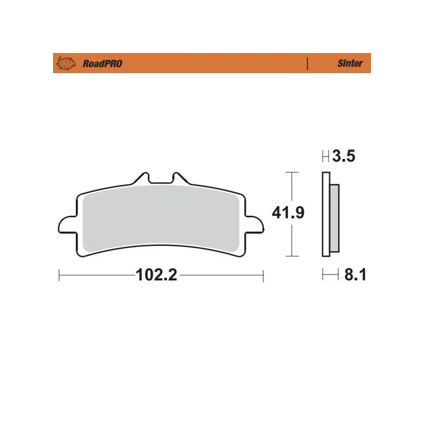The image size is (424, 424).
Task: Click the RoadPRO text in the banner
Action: click(102, 64)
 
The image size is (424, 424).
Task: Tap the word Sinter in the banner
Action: click(350, 63)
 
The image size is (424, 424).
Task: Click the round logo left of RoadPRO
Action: click(66, 63)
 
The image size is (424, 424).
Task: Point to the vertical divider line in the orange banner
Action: click(307, 64)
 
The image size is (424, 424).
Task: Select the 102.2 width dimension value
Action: click(156, 275)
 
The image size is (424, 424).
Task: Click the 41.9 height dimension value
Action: click(288, 213)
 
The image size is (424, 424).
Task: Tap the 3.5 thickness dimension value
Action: click(343, 156)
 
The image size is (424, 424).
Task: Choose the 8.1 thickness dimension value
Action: click(355, 275)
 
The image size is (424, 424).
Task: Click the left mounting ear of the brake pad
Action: click(67, 224)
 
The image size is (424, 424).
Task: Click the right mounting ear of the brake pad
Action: click(254, 224)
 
